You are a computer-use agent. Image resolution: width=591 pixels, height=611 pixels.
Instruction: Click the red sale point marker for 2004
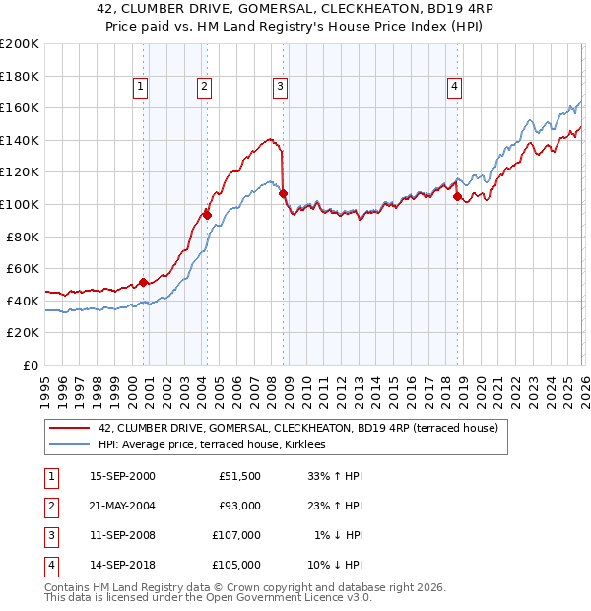pos(207,214)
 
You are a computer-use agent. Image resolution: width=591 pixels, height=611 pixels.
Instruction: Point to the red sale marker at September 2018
pos(457,196)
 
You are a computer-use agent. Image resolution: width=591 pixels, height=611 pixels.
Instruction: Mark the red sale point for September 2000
pos(144,282)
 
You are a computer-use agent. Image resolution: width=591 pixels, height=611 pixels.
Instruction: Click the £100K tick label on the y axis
pos(20,204)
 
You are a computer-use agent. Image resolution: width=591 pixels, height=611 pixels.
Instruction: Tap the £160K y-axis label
pos(20,107)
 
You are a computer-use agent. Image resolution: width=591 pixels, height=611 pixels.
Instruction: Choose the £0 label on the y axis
pos(30,365)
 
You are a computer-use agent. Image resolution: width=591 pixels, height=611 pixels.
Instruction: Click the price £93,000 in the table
pos(239,506)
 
